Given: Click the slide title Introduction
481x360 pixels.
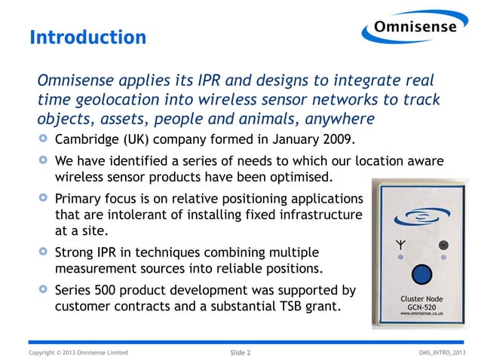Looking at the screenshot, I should (87, 37).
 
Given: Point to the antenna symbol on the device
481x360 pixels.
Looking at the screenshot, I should (400, 245).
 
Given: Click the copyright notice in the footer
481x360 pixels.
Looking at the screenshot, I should (78, 352).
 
